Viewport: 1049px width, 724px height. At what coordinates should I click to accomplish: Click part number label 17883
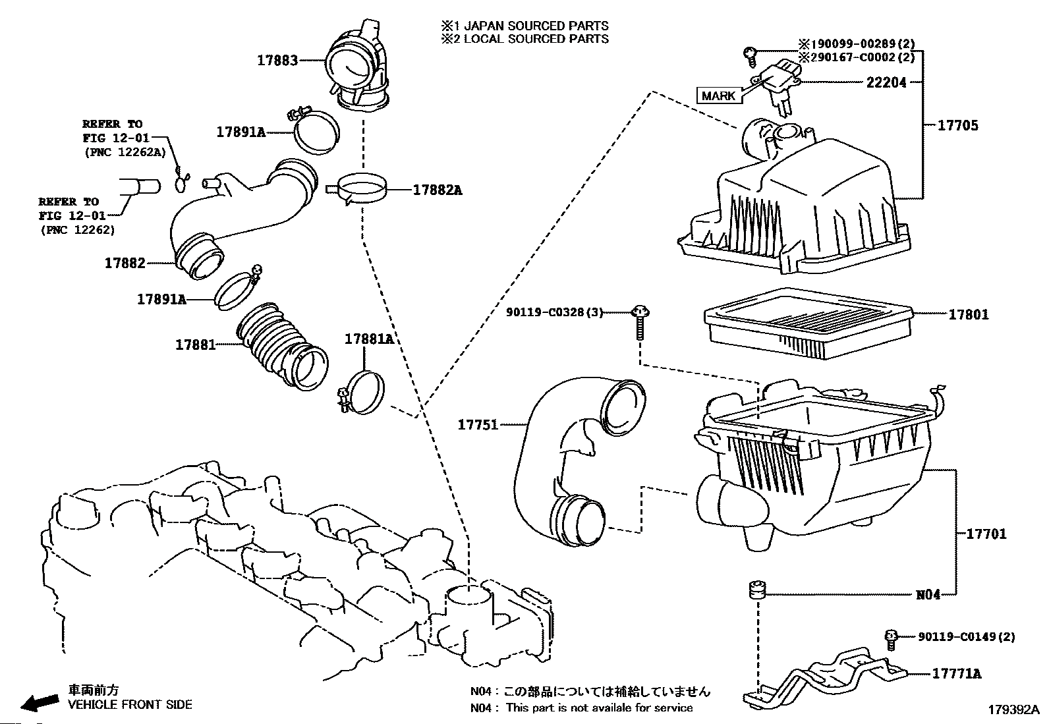tap(277, 60)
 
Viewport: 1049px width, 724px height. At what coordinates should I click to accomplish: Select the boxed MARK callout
tap(718, 96)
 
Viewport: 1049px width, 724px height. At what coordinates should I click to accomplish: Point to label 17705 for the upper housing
tap(958, 125)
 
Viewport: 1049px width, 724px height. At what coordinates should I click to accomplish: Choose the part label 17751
tap(478, 426)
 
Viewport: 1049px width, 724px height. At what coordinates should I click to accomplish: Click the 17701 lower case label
tap(986, 534)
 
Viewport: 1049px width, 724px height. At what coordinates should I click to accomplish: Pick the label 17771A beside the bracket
tap(956, 673)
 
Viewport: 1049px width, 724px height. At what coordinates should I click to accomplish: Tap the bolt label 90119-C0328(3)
tap(555, 312)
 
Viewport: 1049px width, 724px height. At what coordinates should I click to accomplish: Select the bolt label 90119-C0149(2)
tap(966, 636)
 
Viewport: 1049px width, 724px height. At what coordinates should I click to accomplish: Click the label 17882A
tap(437, 190)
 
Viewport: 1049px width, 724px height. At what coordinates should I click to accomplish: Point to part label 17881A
tap(368, 339)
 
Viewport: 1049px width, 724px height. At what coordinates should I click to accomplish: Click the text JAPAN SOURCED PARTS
tap(536, 26)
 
